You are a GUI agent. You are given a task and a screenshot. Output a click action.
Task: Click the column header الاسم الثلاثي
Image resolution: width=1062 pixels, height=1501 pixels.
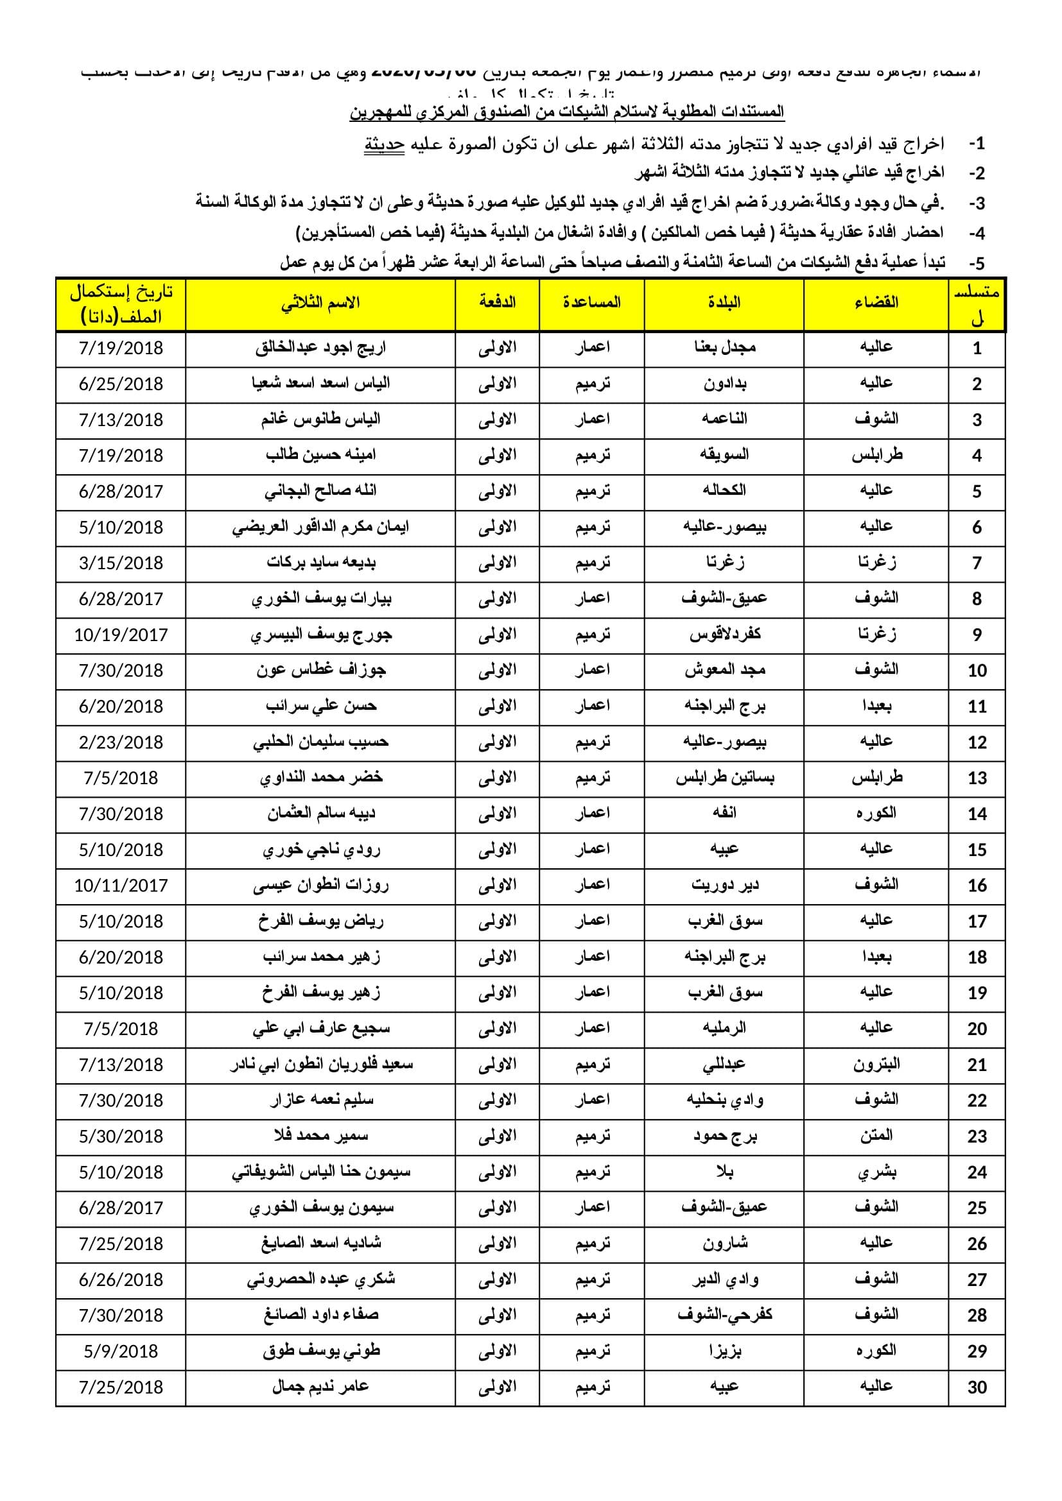[320, 304]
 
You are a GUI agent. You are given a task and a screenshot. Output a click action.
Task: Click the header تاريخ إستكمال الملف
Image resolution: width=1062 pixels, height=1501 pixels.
[121, 305]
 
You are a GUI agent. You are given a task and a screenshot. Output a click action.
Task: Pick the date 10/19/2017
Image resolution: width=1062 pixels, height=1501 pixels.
[121, 635]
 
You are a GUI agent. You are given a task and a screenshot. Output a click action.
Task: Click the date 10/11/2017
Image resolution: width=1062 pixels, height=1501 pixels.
[121, 886]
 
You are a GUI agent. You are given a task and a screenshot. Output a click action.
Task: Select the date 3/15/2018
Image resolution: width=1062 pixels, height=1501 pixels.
[121, 563]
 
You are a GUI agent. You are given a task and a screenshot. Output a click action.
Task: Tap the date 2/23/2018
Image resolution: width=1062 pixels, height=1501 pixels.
[121, 742]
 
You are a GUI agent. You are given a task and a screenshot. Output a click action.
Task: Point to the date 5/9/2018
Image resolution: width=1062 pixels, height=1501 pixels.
[121, 1351]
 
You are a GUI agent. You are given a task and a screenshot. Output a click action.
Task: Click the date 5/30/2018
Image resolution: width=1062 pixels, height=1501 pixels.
[121, 1136]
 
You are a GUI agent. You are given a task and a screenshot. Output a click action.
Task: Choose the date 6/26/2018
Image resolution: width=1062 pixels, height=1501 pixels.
[121, 1280]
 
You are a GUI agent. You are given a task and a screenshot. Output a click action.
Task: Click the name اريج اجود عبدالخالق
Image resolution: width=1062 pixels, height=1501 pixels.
[320, 348]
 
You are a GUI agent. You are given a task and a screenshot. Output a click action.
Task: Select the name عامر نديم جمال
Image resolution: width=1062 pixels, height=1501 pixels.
[320, 1387]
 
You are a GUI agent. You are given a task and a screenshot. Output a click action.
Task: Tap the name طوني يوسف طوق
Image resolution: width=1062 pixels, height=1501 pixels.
[320, 1351]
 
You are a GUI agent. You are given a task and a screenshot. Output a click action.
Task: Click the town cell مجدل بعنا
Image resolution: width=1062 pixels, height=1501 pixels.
[724, 348]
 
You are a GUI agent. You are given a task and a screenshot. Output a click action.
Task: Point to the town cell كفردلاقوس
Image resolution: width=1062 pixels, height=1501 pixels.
[724, 635]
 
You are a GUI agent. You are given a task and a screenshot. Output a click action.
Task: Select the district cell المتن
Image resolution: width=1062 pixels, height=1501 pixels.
[876, 1136]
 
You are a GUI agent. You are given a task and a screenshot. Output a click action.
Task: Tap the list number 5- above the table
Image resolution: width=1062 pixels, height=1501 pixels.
[977, 264]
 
